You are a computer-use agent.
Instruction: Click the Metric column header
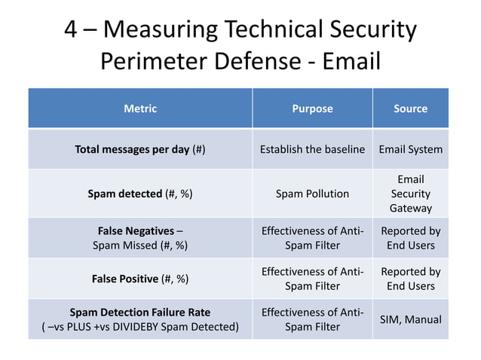click(x=140, y=108)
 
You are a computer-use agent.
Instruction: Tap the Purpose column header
click(x=312, y=108)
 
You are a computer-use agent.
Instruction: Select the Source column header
click(x=410, y=108)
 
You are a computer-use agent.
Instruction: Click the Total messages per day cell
click(x=140, y=149)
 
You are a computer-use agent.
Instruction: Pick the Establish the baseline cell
click(x=312, y=149)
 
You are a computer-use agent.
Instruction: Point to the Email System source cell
click(x=410, y=149)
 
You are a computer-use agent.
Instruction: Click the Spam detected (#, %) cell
click(x=140, y=194)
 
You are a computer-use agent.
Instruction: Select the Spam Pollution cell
click(x=312, y=194)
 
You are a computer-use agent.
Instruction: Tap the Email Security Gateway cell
click(x=410, y=194)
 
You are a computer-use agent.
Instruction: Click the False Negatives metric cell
click(x=140, y=238)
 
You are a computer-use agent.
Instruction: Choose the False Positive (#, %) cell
click(x=140, y=279)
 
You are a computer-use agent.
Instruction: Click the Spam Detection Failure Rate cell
click(x=140, y=319)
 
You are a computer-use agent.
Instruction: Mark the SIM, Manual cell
click(x=410, y=319)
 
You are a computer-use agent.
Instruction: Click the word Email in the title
click(x=351, y=61)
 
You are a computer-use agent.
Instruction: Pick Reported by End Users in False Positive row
click(x=410, y=279)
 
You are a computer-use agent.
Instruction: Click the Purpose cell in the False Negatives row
click(x=312, y=238)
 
